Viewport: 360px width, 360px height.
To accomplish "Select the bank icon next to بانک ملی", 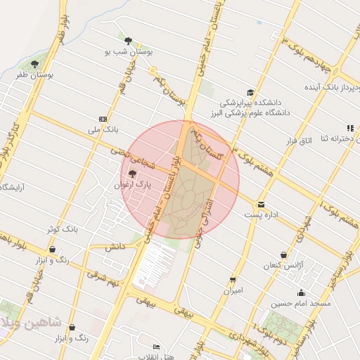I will pyautogui.click(x=103, y=119).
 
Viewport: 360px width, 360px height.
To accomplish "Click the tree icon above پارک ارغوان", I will pyautogui.click(x=132, y=174).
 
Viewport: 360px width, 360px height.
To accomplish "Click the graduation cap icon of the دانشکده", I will pyautogui.click(x=250, y=92).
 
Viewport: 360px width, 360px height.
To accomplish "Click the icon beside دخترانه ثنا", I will pyautogui.click(x=349, y=127).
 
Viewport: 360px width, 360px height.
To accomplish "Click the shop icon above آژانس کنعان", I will pyautogui.click(x=283, y=255).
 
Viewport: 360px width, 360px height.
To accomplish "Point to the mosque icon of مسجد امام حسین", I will pyautogui.click(x=302, y=292).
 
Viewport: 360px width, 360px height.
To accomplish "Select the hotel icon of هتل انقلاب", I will pyautogui.click(x=156, y=347).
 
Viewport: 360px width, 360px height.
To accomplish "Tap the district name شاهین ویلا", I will pyautogui.click(x=35, y=323).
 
